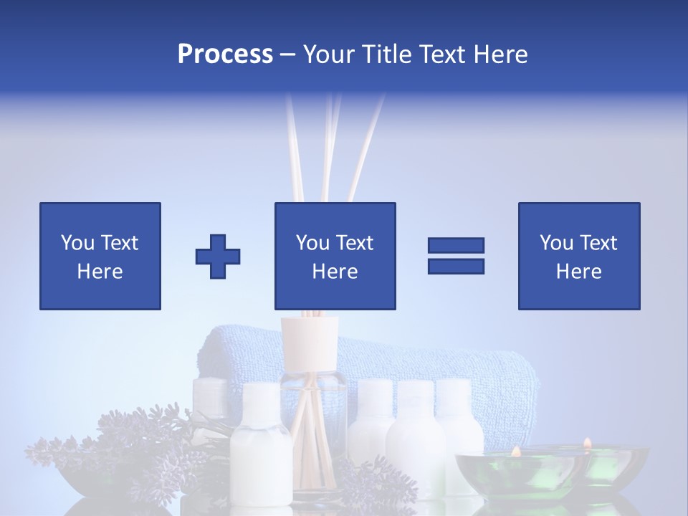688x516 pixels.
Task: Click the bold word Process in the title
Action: click(225, 54)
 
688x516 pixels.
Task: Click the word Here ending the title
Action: click(500, 54)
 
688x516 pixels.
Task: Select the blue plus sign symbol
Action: click(218, 256)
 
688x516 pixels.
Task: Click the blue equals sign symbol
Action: click(456, 256)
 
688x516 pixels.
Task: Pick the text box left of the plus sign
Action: click(100, 256)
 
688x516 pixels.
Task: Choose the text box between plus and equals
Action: click(335, 256)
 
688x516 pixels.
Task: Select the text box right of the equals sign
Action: click(578, 256)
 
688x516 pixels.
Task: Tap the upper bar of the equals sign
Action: click(456, 246)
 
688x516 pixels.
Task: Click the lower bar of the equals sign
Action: click(456, 266)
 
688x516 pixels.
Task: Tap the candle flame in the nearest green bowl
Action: click(515, 451)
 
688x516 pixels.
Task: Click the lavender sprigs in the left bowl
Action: click(129, 437)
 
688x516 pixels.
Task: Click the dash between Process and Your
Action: click(287, 55)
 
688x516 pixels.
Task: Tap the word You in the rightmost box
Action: click(556, 243)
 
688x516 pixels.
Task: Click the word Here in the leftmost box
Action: click(100, 272)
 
